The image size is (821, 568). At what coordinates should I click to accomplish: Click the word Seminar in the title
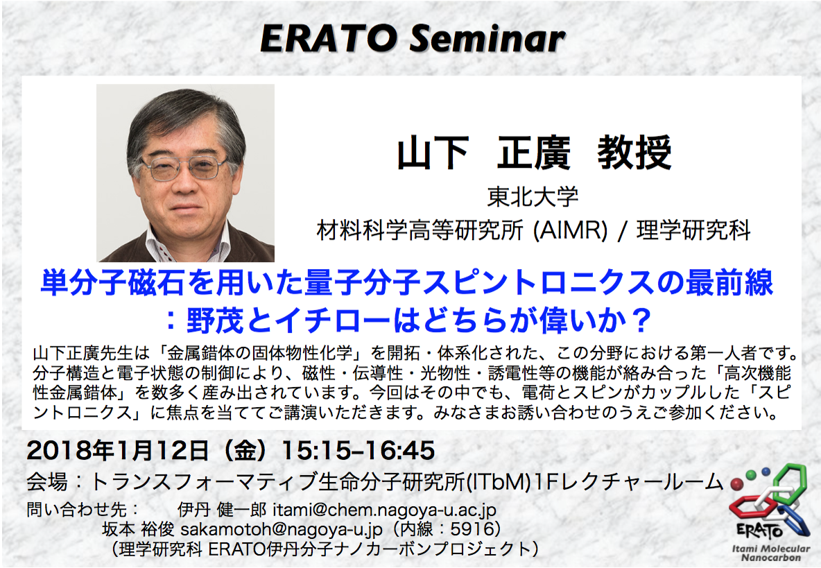point(487,39)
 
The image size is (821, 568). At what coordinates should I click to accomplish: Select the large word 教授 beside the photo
point(634,153)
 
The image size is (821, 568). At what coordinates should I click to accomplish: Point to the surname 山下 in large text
point(433,153)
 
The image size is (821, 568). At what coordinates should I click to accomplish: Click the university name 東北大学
point(533,197)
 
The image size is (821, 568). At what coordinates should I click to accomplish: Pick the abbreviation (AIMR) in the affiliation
point(571,230)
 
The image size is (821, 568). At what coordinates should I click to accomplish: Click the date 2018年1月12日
point(118,450)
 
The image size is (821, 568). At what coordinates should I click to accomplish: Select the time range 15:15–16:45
point(358,450)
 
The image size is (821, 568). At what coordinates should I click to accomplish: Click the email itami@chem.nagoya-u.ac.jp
point(384,509)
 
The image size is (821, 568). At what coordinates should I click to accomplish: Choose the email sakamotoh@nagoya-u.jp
point(282,529)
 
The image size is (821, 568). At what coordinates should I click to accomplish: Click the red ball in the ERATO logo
point(737,483)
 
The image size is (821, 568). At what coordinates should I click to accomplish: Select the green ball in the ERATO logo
point(752,475)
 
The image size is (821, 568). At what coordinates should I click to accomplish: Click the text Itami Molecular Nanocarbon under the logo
point(771,553)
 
